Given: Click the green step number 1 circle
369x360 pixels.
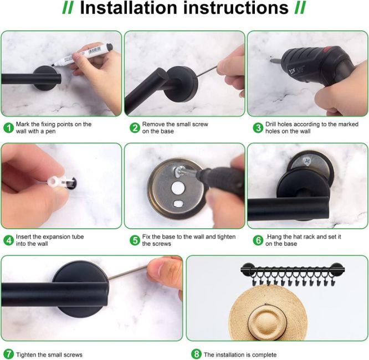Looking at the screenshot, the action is pos(9,128).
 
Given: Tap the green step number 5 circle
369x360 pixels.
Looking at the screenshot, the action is pos(135,240).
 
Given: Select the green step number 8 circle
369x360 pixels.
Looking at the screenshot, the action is pos(196,354).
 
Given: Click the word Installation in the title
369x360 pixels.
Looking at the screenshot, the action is pos(129,8).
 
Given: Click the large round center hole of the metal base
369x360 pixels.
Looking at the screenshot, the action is pos(178,188).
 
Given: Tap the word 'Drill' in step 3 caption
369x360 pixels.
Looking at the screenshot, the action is pos(271,124).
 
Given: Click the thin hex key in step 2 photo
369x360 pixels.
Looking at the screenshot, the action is pos(207,71).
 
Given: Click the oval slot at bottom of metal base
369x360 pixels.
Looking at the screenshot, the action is pos(178,203).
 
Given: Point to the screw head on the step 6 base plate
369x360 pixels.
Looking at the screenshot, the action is pos(307,161).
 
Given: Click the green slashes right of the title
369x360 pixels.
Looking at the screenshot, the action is pos(300,8).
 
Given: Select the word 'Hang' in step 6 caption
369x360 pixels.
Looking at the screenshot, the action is pos(273,236).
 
